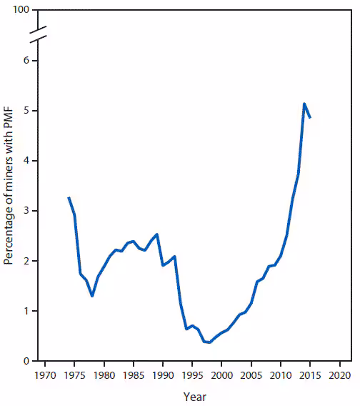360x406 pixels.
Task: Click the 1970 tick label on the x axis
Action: [x=45, y=375]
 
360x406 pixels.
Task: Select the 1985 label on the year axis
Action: [x=134, y=375]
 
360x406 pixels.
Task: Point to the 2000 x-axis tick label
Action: [x=222, y=375]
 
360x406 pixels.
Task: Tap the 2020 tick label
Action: [x=340, y=375]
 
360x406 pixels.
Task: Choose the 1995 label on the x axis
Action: [x=193, y=375]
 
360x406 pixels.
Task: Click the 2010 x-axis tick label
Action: [x=281, y=375]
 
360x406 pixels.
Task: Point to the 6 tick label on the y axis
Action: [x=25, y=61]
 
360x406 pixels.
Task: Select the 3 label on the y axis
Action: [x=25, y=211]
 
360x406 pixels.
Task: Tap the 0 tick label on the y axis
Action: [x=25, y=361]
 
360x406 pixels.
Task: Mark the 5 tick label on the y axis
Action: [x=25, y=111]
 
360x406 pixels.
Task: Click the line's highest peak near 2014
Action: [x=304, y=104]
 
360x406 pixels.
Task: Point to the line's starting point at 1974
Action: [x=69, y=197]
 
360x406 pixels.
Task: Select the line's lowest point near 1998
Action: [x=209, y=342]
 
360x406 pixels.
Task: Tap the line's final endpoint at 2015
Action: [x=310, y=117]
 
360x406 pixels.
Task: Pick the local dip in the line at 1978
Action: [x=92, y=296]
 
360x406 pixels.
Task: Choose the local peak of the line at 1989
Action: [x=157, y=234]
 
